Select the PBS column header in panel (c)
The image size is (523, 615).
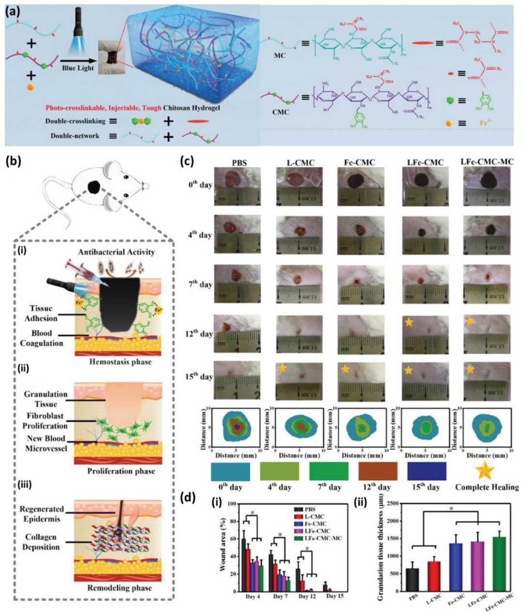pos(239,162)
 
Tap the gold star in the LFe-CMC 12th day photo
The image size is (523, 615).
pos(409,322)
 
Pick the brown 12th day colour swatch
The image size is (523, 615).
pos(378,471)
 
